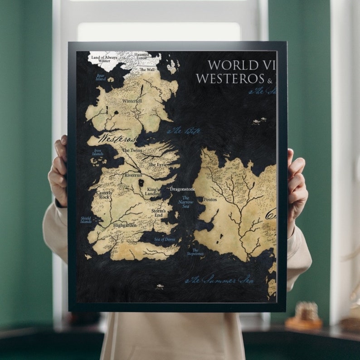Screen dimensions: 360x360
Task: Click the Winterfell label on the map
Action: pyautogui.click(x=132, y=101)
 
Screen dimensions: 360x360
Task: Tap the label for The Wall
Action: pyautogui.click(x=147, y=70)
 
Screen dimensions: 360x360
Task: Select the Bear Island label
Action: pyautogui.click(x=101, y=77)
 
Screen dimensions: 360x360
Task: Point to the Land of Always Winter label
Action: pyautogui.click(x=104, y=59)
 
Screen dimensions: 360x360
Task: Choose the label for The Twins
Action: pyautogui.click(x=132, y=150)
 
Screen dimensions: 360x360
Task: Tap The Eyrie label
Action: pyautogui.click(x=158, y=165)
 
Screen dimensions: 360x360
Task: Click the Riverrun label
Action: pyautogui.click(x=134, y=175)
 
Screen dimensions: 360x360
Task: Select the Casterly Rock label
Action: pyautogui.click(x=104, y=195)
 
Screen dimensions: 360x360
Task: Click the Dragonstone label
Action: pyautogui.click(x=182, y=189)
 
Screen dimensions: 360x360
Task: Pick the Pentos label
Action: pyautogui.click(x=210, y=199)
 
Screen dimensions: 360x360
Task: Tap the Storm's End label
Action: pyautogui.click(x=158, y=213)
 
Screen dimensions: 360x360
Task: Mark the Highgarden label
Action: pyautogui.click(x=125, y=225)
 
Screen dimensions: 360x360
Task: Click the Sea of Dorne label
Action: pyautogui.click(x=164, y=239)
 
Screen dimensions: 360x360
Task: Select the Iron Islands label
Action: pyautogui.click(x=98, y=152)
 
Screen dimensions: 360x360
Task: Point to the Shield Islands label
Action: pyautogui.click(x=86, y=220)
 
